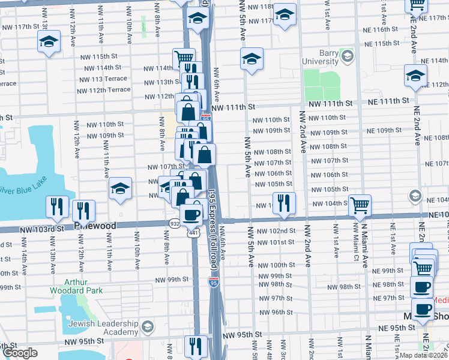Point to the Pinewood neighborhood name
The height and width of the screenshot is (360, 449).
pyautogui.click(x=90, y=225)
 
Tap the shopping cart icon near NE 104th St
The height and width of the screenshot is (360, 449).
pyautogui.click(x=360, y=205)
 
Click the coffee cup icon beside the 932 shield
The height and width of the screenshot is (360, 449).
pyautogui.click(x=192, y=214)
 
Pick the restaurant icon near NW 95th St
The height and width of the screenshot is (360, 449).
pyautogui.click(x=196, y=346)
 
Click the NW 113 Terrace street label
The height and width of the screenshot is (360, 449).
pyautogui.click(x=101, y=79)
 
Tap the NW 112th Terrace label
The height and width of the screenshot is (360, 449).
pyautogui.click(x=103, y=89)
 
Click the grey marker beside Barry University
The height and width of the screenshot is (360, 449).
pyautogui.click(x=347, y=57)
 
